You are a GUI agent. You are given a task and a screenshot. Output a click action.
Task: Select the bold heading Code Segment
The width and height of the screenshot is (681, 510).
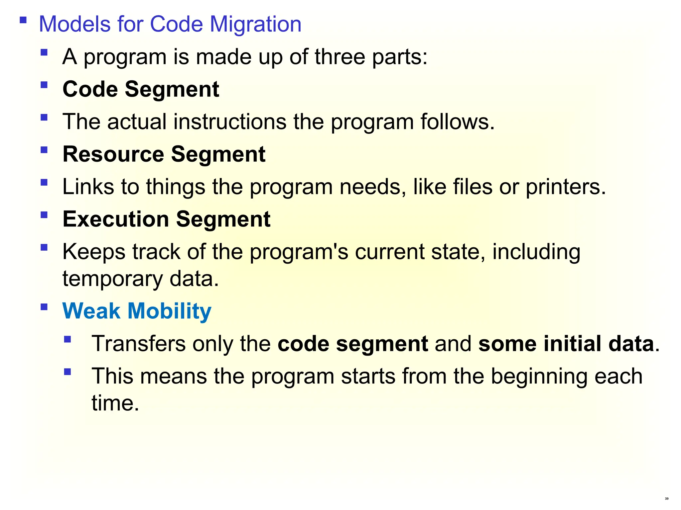point(141,89)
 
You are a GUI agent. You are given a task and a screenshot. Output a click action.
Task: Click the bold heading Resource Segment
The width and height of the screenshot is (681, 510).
point(164,154)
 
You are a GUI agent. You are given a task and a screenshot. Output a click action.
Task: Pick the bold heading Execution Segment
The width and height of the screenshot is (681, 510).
point(166,219)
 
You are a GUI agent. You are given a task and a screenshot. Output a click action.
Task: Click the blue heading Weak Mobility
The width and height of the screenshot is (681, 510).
point(137,311)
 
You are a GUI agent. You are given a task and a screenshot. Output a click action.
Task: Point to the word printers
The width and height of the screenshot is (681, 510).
point(565,187)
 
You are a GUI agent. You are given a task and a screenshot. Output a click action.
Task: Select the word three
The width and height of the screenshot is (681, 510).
point(340,57)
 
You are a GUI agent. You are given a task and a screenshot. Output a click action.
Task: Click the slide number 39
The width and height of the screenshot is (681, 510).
point(667,499)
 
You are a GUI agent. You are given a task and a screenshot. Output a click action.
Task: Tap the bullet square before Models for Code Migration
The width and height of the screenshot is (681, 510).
point(23,20)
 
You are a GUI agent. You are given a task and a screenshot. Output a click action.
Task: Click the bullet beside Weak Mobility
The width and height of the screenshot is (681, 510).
point(44,307)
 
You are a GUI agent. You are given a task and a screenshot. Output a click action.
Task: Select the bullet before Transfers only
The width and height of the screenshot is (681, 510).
point(68,339)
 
